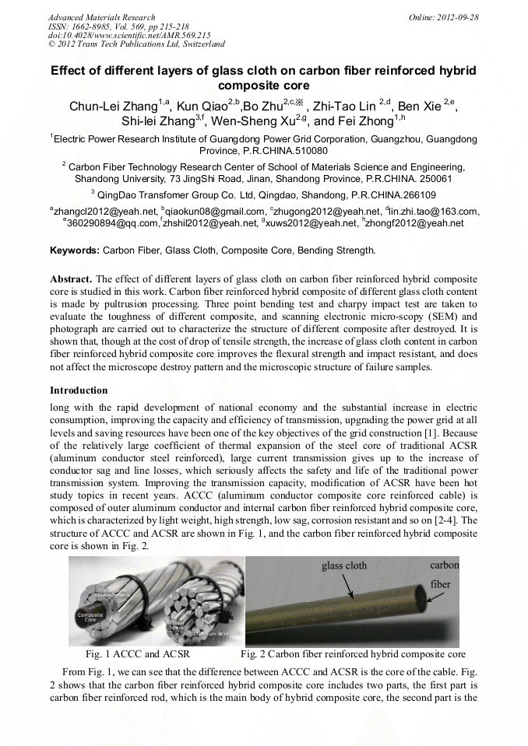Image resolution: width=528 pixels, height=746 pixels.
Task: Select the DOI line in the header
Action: [128, 35]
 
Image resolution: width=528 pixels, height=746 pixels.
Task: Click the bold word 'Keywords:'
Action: [75, 250]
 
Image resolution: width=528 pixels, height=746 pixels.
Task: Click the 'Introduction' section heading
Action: [79, 390]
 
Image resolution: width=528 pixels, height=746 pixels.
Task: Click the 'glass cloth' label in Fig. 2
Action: [344, 566]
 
